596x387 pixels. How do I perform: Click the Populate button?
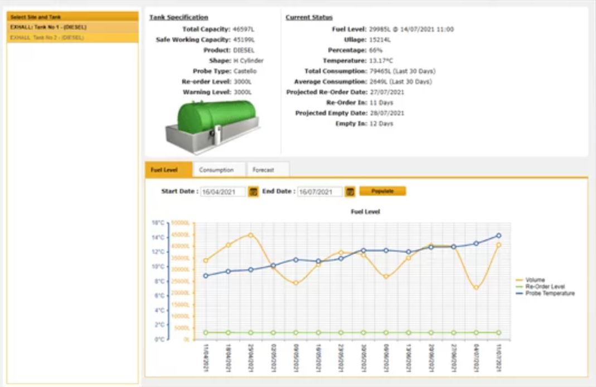click(382, 191)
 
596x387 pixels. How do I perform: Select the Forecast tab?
click(263, 170)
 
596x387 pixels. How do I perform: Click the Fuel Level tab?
click(164, 170)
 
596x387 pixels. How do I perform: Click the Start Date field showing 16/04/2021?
click(223, 192)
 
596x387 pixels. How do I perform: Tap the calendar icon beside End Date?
click(350, 192)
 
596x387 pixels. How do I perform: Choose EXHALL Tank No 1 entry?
click(48, 27)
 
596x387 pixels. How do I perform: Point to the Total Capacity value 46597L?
click(244, 29)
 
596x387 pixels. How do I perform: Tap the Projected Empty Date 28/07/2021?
click(385, 113)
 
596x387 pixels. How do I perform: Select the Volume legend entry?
click(535, 280)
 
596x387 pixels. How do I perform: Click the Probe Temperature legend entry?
click(549, 293)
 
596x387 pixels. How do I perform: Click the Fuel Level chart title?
click(365, 212)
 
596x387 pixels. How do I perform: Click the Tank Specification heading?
click(178, 17)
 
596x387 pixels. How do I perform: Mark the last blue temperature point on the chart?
click(498, 235)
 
